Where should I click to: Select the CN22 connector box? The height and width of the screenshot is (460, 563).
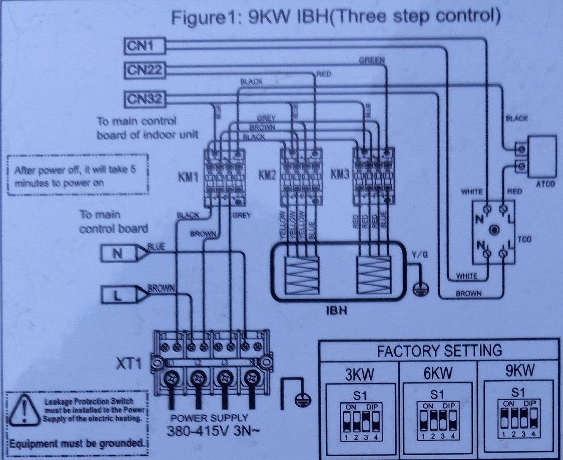(x=144, y=70)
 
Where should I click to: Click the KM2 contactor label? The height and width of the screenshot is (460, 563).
(x=267, y=175)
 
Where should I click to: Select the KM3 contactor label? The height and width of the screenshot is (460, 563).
(x=340, y=175)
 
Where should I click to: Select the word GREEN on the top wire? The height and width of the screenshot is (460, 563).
(x=372, y=60)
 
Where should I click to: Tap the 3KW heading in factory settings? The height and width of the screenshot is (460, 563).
(x=359, y=375)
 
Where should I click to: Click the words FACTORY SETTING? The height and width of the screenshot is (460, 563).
(x=439, y=351)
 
